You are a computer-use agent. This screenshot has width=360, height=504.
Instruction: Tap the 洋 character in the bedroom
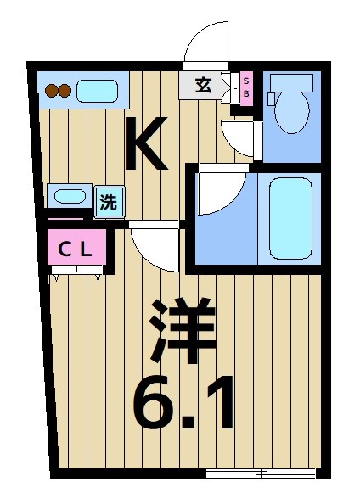(183, 331)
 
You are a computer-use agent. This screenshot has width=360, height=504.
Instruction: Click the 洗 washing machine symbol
(109, 202)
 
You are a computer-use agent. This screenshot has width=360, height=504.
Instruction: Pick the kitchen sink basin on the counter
(97, 90)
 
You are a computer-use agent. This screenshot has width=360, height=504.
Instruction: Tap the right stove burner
(64, 90)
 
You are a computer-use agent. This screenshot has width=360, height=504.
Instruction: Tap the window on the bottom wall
(262, 473)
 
